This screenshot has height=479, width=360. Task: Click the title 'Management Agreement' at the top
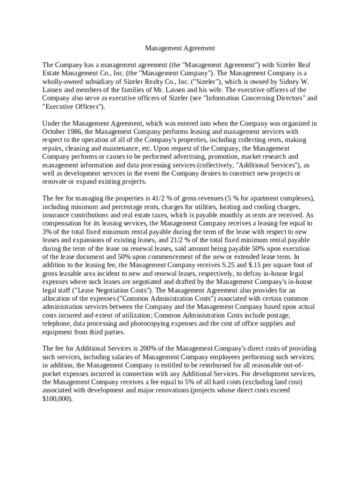180,48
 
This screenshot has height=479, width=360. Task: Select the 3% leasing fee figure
47,232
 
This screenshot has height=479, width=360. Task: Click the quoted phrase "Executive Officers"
73,107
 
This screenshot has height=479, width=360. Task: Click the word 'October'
54,132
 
